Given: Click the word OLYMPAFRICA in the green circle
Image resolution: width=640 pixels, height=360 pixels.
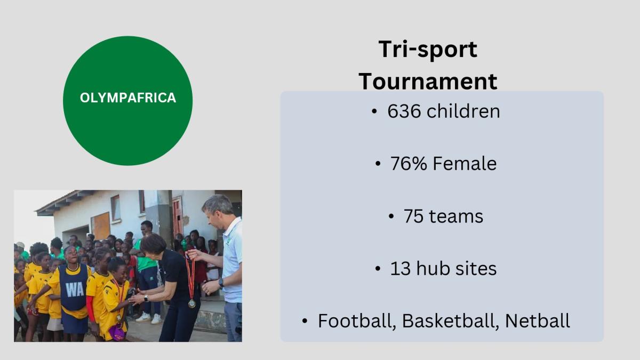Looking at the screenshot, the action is point(127,98).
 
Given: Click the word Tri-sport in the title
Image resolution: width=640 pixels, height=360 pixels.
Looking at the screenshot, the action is point(428,50).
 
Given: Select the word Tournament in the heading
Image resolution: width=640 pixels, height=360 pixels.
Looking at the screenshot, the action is point(428,82).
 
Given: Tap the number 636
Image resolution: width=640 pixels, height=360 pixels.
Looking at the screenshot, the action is point(404,111).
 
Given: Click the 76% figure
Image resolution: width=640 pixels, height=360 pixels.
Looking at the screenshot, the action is point(409,163).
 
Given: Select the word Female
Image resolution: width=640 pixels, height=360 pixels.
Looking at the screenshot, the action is point(465,163).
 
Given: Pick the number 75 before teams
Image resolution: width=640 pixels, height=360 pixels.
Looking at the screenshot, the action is point(413,216).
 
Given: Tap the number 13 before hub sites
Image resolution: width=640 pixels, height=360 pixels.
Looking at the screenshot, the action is point(400,269).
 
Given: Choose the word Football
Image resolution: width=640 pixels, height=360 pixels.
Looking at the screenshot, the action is point(357,321).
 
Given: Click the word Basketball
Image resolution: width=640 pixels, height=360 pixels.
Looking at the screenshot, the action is point(451,321).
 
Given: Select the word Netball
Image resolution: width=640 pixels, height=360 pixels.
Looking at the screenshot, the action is point(538,321).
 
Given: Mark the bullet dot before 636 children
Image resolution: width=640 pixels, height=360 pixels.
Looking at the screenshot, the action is point(374,111).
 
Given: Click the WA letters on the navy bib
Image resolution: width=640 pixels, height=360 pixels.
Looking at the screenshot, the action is point(75,290).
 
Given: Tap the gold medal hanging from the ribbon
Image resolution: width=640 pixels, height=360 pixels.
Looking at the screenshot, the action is point(191,303).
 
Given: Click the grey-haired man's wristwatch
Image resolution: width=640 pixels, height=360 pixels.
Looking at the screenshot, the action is point(221,283).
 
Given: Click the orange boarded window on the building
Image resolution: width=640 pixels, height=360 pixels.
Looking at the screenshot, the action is point(101,226).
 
